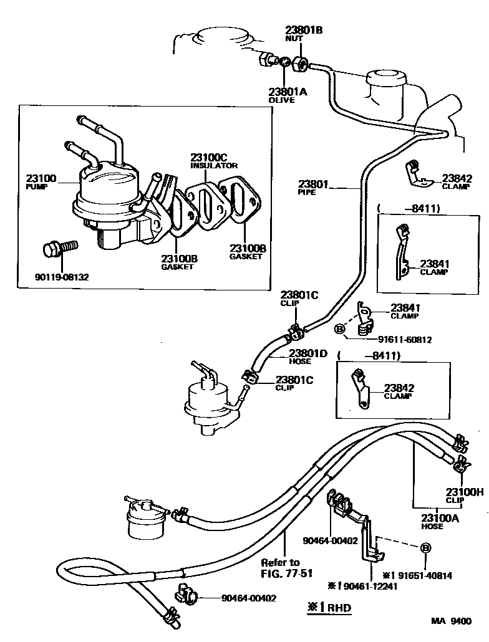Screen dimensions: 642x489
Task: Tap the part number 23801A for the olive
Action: pos(288,91)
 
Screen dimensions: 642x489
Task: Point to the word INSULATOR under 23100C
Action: pos(214,166)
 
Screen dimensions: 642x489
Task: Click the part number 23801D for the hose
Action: pos(307,353)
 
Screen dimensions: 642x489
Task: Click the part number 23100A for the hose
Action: pos(440,517)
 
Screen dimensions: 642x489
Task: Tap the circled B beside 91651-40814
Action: pos(426,547)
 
